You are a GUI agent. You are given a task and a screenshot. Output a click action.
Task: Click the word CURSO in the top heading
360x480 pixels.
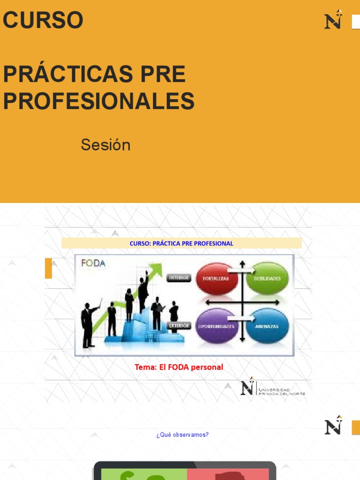(43, 20)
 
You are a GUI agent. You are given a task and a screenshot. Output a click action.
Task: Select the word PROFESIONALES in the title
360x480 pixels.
(99, 101)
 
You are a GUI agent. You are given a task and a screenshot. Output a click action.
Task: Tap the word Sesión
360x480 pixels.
(105, 145)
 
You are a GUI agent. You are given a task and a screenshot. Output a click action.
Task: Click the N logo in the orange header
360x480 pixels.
(333, 20)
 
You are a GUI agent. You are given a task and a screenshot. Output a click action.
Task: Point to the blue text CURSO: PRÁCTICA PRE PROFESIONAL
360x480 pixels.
(181, 244)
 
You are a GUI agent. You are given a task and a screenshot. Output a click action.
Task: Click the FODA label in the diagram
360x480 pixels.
(93, 263)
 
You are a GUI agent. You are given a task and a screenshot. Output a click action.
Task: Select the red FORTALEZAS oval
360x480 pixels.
(216, 278)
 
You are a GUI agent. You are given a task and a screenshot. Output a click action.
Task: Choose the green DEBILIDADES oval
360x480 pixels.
(267, 278)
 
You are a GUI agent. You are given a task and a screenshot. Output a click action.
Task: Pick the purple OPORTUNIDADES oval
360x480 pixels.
(216, 326)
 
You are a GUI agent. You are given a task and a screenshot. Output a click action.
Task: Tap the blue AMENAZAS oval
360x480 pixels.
(267, 326)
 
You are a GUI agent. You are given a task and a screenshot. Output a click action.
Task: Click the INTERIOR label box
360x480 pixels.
(179, 277)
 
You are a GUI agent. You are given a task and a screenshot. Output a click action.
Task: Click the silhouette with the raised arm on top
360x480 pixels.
(143, 291)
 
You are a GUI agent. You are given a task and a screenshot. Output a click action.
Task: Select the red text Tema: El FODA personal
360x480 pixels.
(179, 367)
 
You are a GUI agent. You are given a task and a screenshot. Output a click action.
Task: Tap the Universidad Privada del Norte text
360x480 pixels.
(282, 391)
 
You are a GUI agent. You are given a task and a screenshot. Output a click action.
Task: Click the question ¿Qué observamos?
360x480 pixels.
(182, 435)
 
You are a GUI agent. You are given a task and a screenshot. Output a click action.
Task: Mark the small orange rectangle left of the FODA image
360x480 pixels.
(48, 268)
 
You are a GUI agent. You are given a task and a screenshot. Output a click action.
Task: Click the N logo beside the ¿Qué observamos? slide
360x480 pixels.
(333, 425)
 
